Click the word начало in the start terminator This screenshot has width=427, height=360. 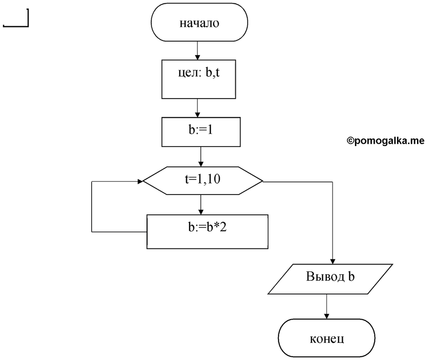(199, 23)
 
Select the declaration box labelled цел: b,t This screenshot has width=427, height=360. (198, 79)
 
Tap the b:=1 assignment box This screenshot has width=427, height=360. (201, 132)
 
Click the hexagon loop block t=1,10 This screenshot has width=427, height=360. (203, 181)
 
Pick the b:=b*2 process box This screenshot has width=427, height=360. (207, 232)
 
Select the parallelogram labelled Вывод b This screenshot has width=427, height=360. (330, 279)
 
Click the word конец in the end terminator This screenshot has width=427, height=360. (327, 339)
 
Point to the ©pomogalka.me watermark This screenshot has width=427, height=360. (385, 140)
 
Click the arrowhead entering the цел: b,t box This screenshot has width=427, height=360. (197, 57)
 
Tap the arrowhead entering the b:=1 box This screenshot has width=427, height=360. (197, 115)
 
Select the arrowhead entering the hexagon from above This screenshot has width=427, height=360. (201, 164)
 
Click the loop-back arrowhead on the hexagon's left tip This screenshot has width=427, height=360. (140, 181)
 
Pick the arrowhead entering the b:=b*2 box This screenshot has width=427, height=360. (201, 212)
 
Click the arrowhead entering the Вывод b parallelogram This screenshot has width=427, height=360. (333, 261)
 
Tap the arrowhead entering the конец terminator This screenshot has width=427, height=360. (326, 316)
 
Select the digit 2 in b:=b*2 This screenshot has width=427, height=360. (223, 227)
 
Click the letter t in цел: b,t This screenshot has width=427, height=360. (217, 73)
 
